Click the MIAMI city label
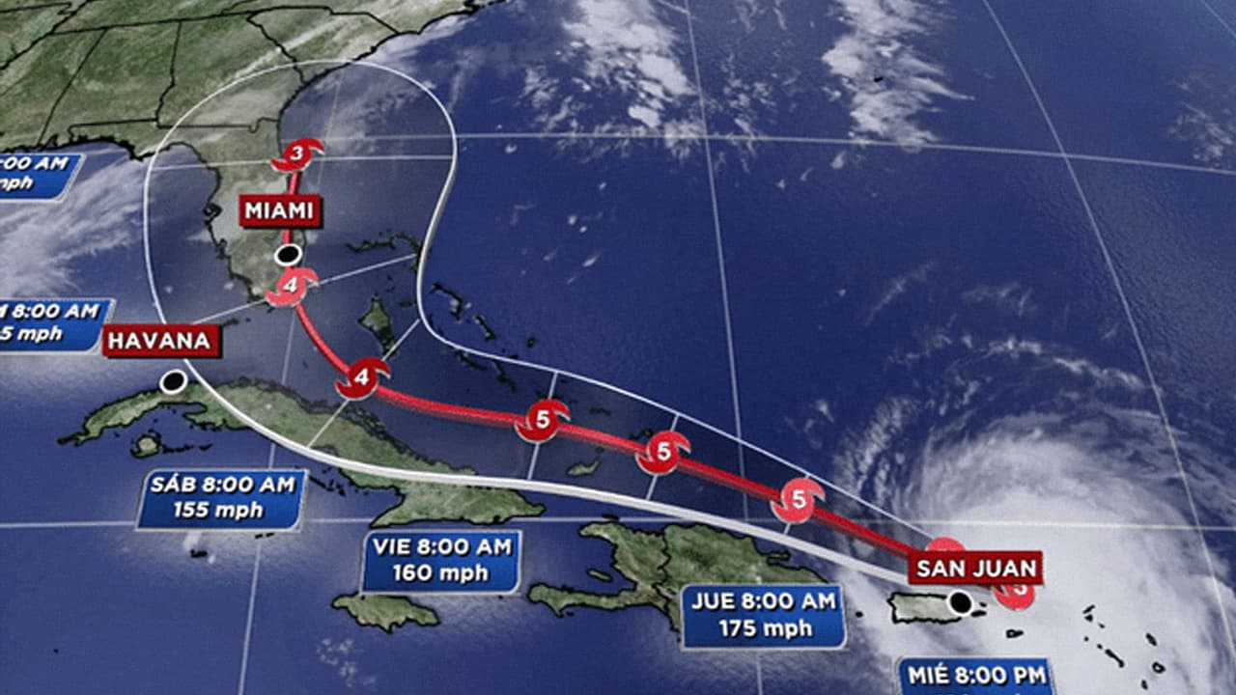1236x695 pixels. tap(281, 210)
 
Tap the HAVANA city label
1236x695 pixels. tap(161, 340)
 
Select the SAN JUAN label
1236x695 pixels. tap(976, 568)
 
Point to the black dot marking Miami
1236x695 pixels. tap(287, 256)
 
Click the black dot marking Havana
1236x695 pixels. tap(174, 382)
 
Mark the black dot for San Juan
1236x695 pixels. tap(960, 603)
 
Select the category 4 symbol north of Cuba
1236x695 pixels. tap(361, 377)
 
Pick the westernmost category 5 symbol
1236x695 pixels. tap(541, 421)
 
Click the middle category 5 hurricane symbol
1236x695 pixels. tap(663, 451)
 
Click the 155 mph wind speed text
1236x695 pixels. tap(221, 510)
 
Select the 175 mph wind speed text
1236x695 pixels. tap(764, 628)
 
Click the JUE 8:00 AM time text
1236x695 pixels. tap(764, 602)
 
